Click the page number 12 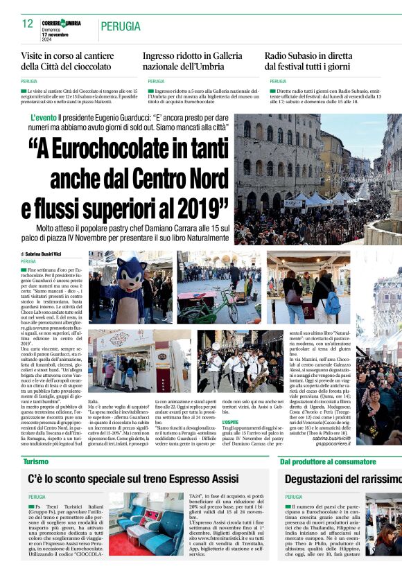point(27,24)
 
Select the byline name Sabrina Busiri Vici point(48,254)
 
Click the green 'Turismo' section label point(35,461)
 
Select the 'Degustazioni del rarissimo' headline point(342,479)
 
